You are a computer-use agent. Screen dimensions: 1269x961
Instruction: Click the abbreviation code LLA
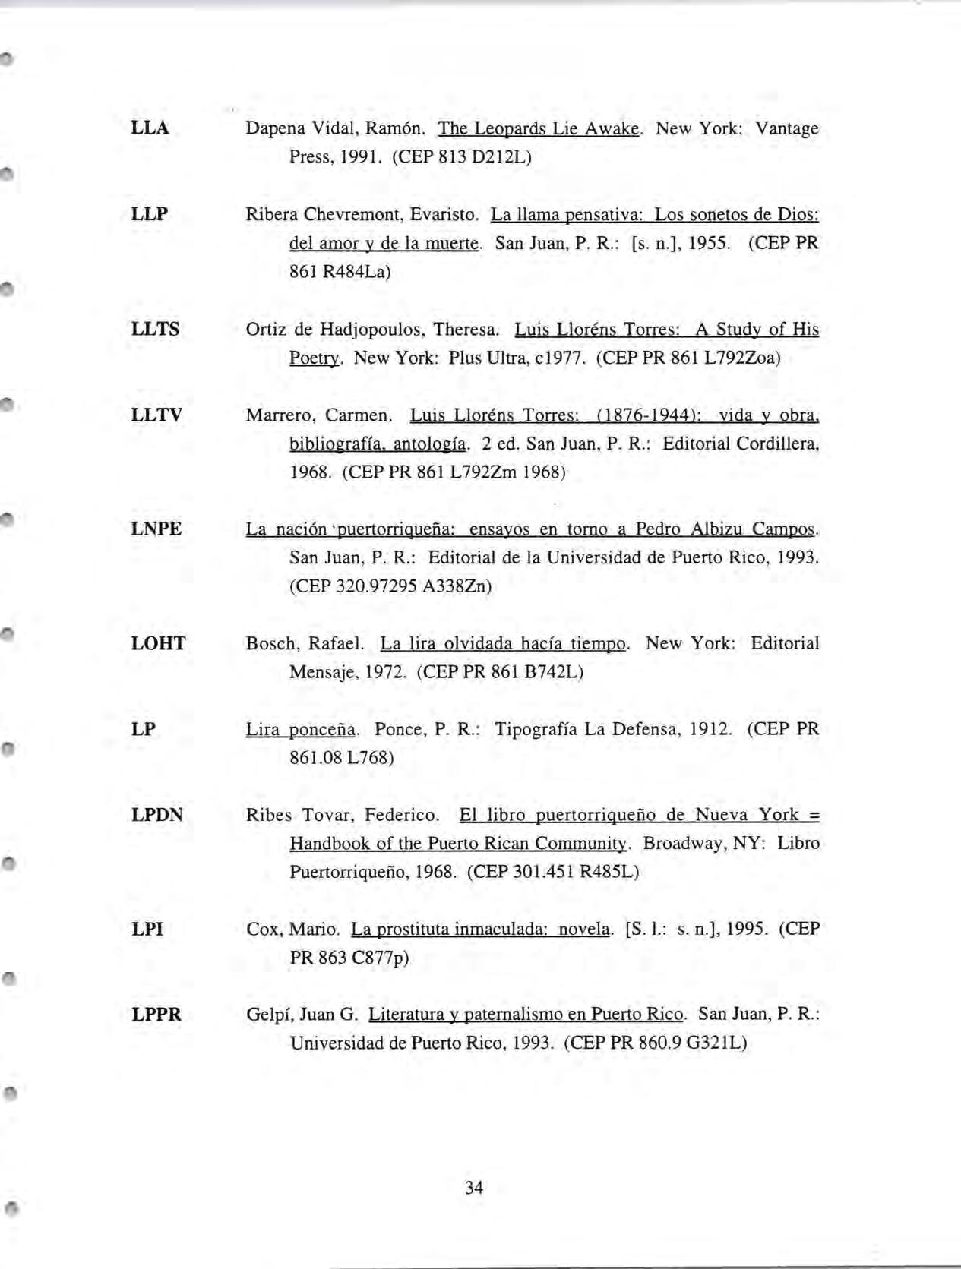click(x=150, y=128)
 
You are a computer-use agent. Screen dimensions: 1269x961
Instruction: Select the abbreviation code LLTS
click(x=156, y=329)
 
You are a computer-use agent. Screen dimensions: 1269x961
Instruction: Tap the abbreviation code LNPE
click(x=156, y=529)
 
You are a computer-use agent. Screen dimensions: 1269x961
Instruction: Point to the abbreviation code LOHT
click(x=158, y=643)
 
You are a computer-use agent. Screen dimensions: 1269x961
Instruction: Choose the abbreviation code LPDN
click(x=157, y=815)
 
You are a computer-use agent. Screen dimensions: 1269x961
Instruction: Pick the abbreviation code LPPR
click(x=156, y=1014)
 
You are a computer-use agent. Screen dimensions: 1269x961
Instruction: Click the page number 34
click(x=474, y=1187)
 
